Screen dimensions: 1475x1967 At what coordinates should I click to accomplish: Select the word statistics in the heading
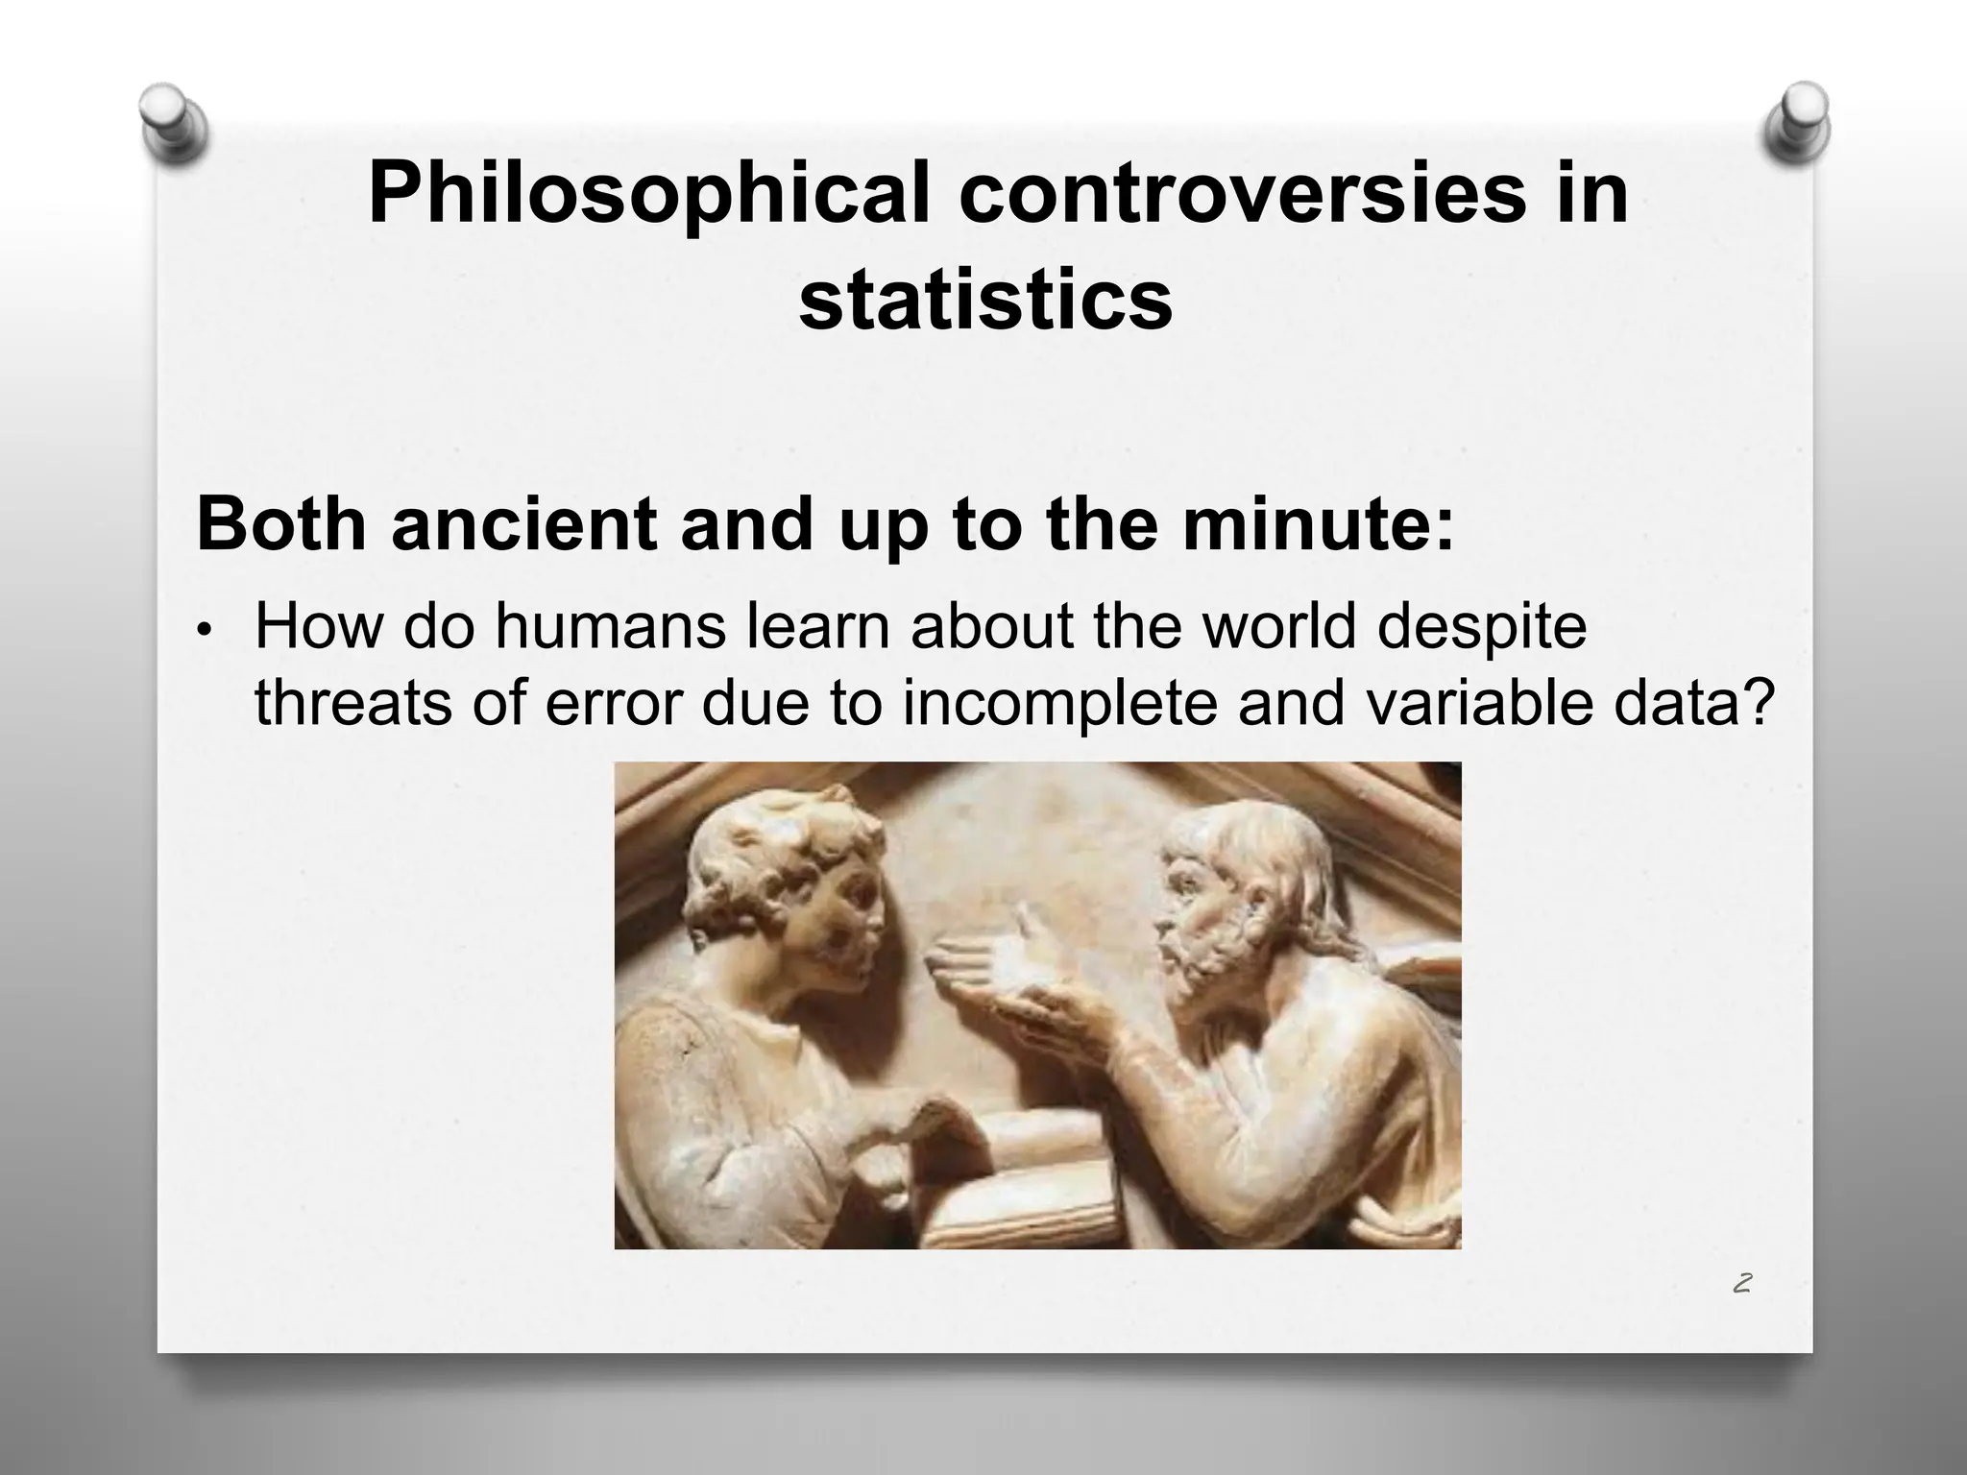tap(985, 301)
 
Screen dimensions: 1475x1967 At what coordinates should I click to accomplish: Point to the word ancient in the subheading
tap(523, 525)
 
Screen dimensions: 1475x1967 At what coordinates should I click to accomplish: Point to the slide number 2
tap(1741, 1284)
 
